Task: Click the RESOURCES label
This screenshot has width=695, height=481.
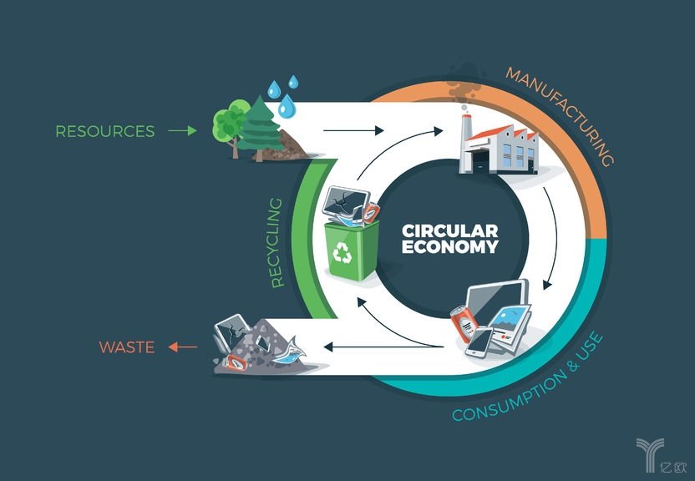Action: point(104,131)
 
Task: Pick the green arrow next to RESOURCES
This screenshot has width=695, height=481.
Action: point(181,131)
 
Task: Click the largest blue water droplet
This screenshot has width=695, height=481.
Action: point(287,106)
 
